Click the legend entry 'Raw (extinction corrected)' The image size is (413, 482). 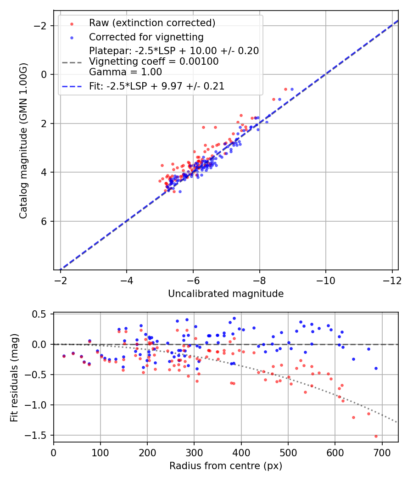(152, 23)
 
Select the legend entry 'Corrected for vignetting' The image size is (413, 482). (146, 37)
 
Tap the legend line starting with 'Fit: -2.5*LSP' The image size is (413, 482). (156, 86)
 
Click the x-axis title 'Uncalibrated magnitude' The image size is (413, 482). (226, 294)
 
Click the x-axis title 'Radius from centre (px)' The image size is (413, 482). (226, 466)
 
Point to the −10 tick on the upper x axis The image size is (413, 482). (325, 280)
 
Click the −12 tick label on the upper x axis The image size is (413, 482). (392, 280)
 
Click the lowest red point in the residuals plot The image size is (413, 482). (376, 436)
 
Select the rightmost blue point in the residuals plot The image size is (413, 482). (376, 368)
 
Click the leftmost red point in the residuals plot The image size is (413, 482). (64, 356)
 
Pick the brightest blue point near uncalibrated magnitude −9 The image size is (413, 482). (292, 89)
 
